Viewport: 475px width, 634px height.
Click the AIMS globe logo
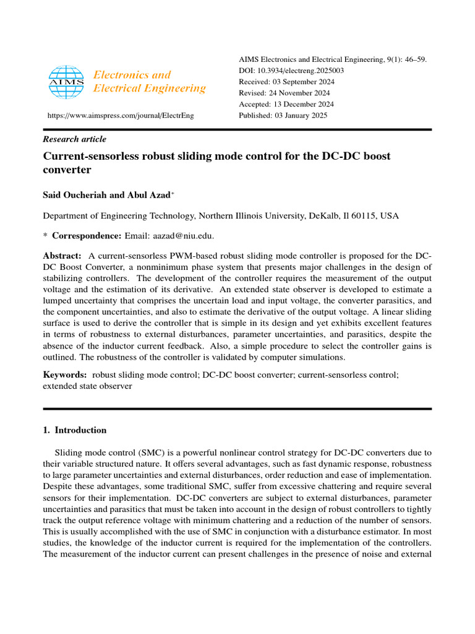coord(65,82)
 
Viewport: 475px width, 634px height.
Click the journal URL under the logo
coord(121,116)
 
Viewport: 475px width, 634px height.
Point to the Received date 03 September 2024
coord(302,82)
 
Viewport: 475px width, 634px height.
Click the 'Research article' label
coord(74,139)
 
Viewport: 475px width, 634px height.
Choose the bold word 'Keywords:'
coord(64,375)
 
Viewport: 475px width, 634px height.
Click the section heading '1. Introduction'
coord(74,430)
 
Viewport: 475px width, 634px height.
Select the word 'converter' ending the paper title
coord(67,170)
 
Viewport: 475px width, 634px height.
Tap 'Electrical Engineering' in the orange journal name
coord(149,89)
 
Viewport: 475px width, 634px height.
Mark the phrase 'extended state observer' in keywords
coord(87,386)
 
